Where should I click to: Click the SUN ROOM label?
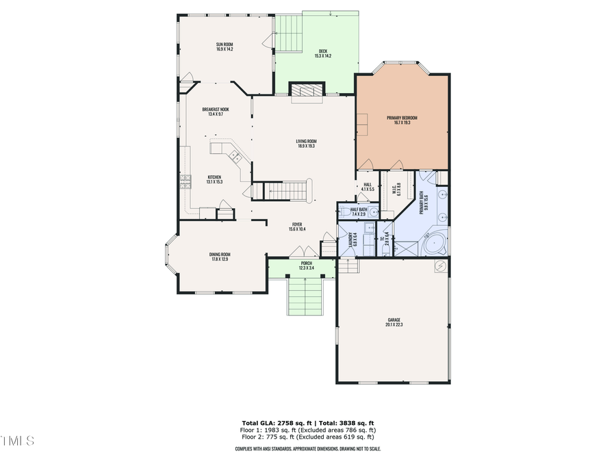[224, 47]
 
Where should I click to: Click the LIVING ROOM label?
[306, 143]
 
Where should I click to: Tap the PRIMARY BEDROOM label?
[402, 120]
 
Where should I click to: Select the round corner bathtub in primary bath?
[433, 243]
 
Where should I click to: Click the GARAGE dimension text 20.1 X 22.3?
[394, 324]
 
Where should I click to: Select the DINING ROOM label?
[220, 257]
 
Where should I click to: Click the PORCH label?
[306, 265]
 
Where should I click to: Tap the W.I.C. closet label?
[395, 190]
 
